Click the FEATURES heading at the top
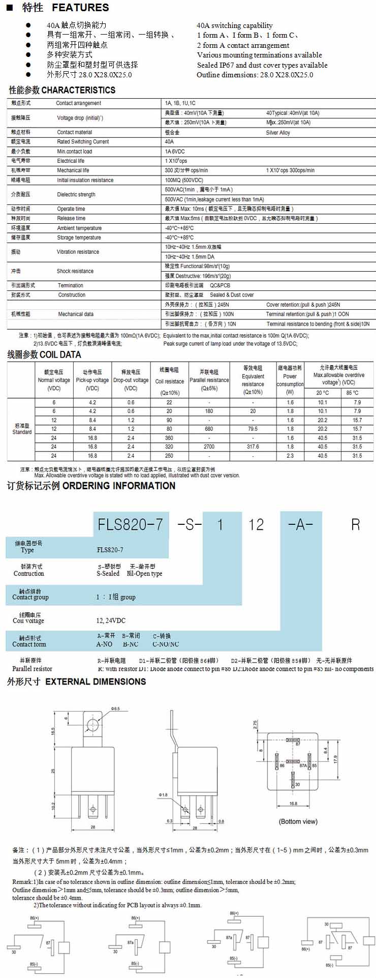tap(80, 8)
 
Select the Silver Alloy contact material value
tap(278, 132)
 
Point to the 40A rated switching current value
tap(169, 142)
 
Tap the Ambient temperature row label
tap(79, 228)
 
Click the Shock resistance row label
tap(75, 271)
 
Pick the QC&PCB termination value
tap(220, 285)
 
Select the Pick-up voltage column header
tap(92, 380)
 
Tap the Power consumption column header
tap(290, 380)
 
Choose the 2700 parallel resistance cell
tap(209, 447)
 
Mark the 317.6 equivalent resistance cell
tap(253, 447)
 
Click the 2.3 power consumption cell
tap(290, 456)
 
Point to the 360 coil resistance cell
tap(169, 438)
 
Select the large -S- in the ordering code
tap(190, 524)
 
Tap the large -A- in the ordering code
tap(300, 524)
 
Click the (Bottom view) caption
tap(298, 821)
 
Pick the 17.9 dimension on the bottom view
tap(336, 759)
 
